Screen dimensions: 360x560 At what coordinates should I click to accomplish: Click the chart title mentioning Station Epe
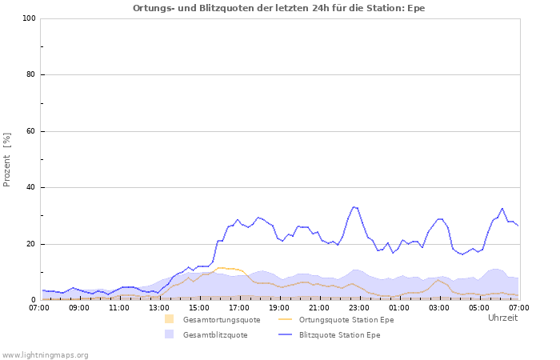[279, 8]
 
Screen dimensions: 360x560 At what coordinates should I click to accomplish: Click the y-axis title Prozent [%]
[7, 159]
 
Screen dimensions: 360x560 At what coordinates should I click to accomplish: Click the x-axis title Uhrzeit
[502, 318]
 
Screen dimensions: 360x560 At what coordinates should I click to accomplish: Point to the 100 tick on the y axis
[29, 18]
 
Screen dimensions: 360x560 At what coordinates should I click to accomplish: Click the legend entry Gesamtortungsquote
[222, 319]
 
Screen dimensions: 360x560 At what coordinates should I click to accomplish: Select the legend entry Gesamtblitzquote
[215, 335]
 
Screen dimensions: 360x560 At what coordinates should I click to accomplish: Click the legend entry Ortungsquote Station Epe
[346, 319]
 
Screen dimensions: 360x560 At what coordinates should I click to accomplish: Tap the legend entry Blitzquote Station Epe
[340, 335]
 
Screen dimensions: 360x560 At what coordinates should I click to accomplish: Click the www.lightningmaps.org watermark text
[45, 354]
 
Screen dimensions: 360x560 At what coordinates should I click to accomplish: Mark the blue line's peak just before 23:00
[354, 206]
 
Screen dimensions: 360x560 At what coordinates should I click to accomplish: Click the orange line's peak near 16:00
[220, 267]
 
